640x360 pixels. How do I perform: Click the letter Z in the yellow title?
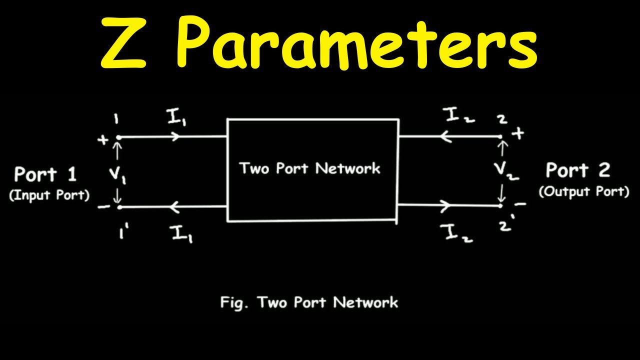click(x=123, y=43)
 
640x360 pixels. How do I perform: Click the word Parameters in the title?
click(x=357, y=42)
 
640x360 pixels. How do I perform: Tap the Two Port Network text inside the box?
click(x=310, y=168)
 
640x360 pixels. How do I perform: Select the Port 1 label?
click(x=45, y=173)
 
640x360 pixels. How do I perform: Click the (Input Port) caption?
click(x=49, y=195)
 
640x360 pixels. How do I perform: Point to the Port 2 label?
click(x=578, y=170)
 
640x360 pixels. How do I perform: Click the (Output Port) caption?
click(x=583, y=191)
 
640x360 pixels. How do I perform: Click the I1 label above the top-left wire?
click(x=177, y=117)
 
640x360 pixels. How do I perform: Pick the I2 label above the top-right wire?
click(x=458, y=115)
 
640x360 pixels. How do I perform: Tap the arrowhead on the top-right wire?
click(x=446, y=136)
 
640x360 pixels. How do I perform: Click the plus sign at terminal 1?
click(x=103, y=140)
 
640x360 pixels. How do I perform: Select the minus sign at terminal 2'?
click(x=520, y=204)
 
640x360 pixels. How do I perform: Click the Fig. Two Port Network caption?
click(x=309, y=302)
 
